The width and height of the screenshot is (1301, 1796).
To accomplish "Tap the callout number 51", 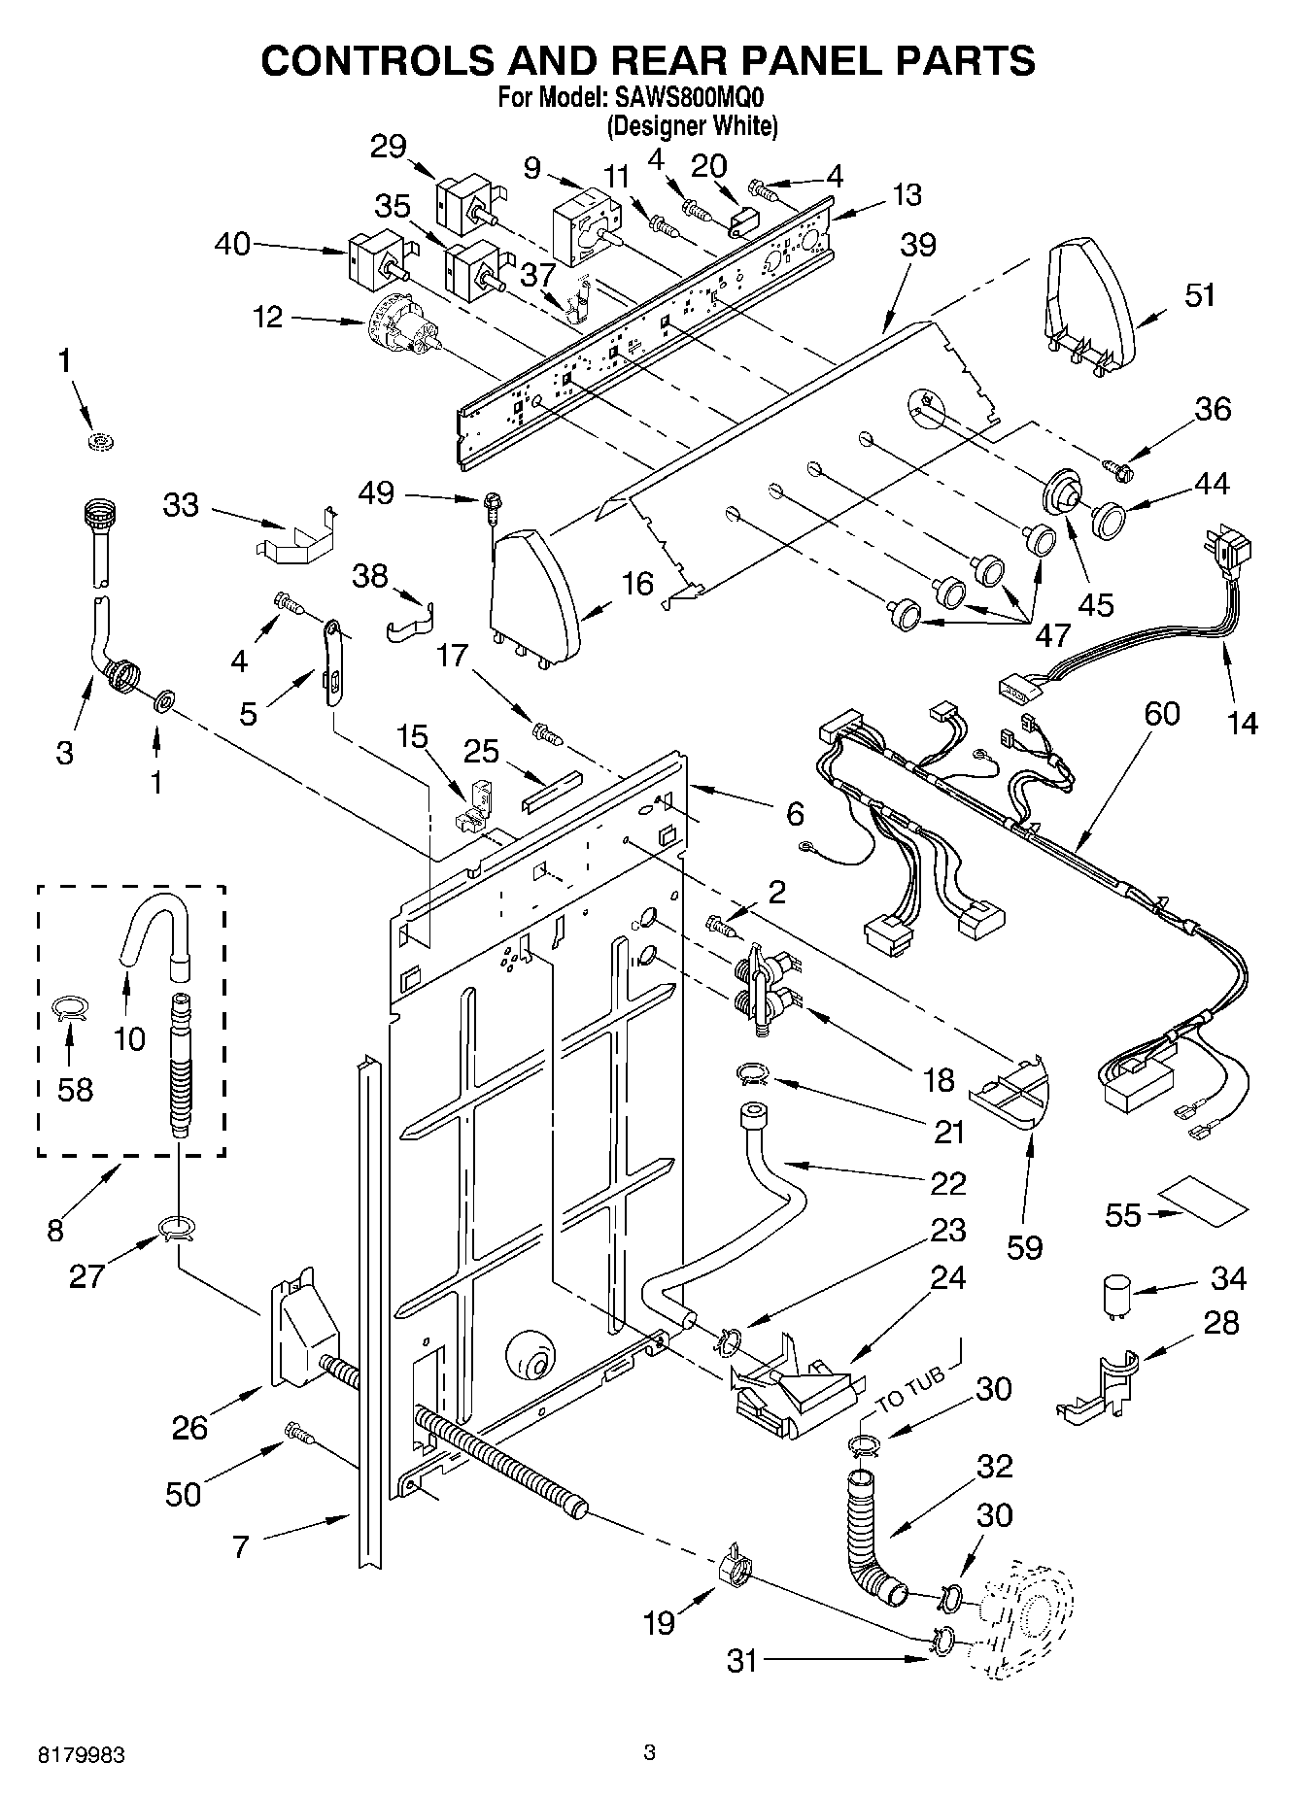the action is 1200,294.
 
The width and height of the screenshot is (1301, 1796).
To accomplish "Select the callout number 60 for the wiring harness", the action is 1162,714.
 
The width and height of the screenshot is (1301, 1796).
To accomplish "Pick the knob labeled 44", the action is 1109,520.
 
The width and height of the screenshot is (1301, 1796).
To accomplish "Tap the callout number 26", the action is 189,1428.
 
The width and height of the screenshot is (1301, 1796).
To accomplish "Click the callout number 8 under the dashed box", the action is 54,1231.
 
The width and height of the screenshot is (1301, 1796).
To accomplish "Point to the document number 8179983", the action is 82,1755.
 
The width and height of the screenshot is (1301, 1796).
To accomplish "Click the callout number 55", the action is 1124,1214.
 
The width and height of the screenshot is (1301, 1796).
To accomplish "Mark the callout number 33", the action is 182,505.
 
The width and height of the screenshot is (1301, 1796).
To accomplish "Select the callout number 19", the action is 660,1622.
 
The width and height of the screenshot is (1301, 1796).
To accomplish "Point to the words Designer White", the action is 692,125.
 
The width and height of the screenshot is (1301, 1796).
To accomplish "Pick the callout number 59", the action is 1025,1247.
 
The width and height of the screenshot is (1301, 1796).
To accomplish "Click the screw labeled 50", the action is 298,1433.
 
